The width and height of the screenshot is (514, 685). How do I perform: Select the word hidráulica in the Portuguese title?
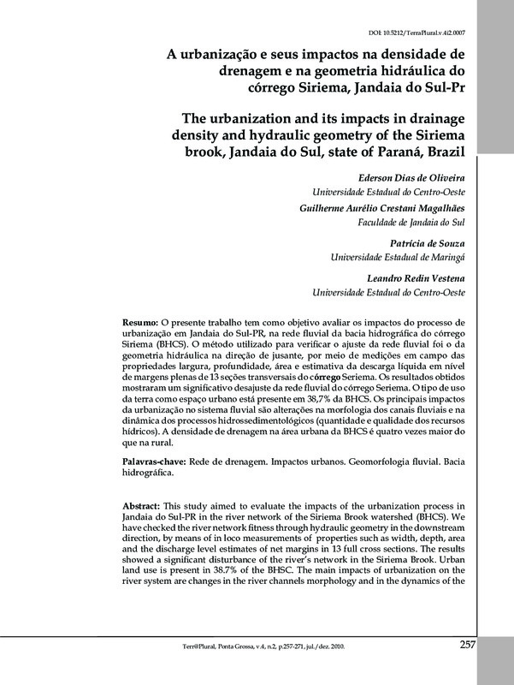[x=405, y=69]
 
